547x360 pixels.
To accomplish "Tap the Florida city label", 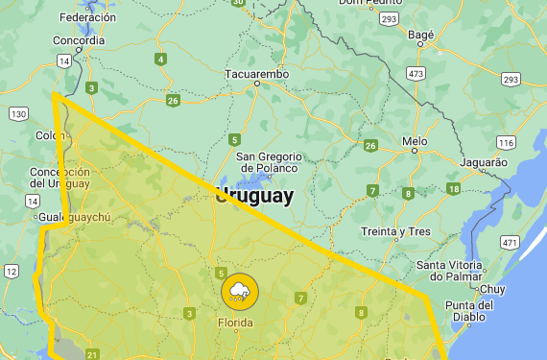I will point(236,323).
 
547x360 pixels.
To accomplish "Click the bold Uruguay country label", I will point(254,197).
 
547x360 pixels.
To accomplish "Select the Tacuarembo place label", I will point(256,74).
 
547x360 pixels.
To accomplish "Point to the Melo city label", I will point(415,141).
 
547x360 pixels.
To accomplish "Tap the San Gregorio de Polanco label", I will point(269,162).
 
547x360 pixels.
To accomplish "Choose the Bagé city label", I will point(421,35).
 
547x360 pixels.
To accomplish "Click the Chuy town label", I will point(492,288).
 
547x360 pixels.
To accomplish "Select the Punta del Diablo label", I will point(469,311).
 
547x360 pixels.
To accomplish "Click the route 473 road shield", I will point(416,73).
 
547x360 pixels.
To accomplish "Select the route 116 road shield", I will point(506,143).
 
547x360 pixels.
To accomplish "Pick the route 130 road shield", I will point(18,114).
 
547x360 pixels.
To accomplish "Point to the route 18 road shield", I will point(453,188).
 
